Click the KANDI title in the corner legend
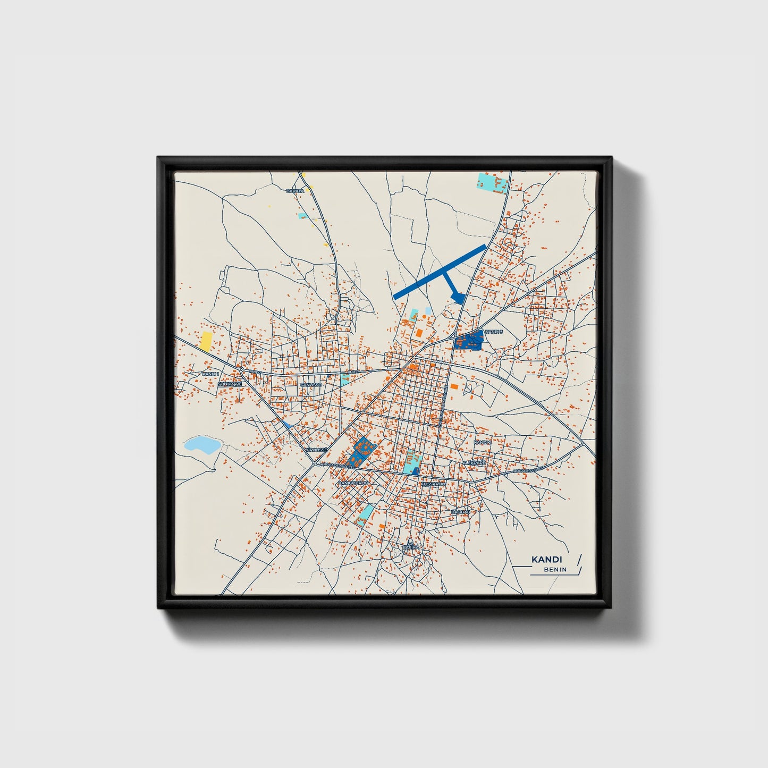[546, 560]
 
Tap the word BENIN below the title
[555, 570]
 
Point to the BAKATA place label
[295, 190]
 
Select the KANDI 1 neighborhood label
[210, 374]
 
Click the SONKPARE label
[230, 383]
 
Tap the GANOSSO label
[311, 384]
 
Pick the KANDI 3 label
[494, 332]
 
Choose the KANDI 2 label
[482, 442]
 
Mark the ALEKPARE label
[474, 463]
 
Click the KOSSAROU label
[432, 484]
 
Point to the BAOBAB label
[460, 511]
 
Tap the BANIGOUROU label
[353, 483]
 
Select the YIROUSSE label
[316, 450]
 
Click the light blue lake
[201, 444]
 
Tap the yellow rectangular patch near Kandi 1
[206, 341]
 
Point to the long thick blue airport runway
[439, 271]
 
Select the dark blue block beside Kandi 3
[469, 340]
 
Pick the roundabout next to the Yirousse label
[314, 463]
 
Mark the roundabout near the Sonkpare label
[241, 369]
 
